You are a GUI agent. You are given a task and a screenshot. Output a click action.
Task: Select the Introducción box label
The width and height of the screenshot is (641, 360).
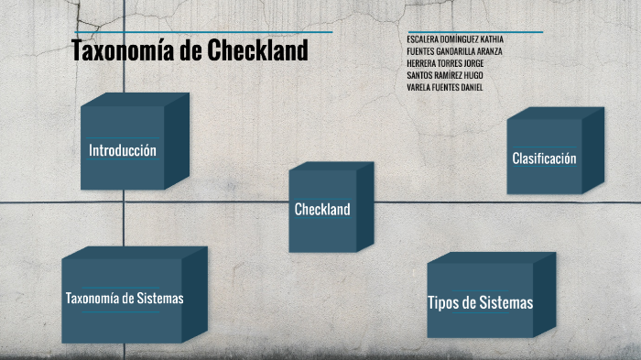click(123, 150)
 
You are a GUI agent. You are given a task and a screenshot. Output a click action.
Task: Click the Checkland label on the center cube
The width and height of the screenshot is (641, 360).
click(322, 210)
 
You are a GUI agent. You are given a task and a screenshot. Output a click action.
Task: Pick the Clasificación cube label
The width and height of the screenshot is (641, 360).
click(544, 158)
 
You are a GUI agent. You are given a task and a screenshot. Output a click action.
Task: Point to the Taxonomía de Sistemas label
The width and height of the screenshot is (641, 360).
click(125, 299)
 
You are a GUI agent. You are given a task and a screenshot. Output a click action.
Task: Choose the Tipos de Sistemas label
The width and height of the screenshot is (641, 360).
click(480, 303)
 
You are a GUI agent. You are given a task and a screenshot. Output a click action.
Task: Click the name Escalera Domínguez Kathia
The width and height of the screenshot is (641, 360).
click(454, 39)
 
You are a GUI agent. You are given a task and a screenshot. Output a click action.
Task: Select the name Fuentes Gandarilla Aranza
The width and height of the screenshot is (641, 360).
click(454, 51)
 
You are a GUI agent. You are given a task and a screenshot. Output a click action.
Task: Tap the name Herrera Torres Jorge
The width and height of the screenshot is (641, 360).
click(445, 63)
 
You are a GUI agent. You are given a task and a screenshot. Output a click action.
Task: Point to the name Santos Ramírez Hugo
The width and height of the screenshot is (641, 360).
click(445, 75)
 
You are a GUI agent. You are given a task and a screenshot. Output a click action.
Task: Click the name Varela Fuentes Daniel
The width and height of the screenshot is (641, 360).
click(445, 87)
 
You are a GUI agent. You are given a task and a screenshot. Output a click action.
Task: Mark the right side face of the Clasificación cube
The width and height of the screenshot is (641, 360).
click(593, 151)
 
